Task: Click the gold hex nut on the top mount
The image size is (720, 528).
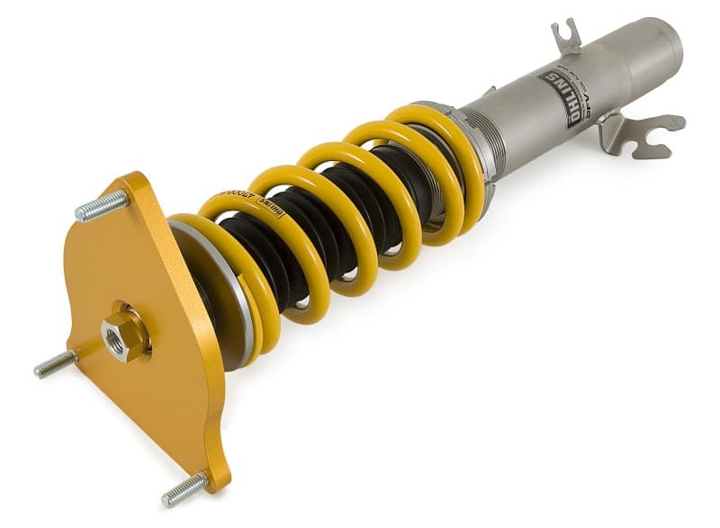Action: tap(123, 336)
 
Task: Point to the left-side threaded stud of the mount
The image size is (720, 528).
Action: tap(55, 363)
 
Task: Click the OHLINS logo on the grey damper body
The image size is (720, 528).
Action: tap(561, 100)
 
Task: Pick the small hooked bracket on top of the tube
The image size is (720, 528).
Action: tap(566, 38)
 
